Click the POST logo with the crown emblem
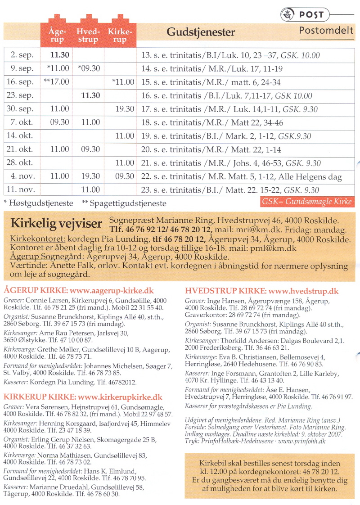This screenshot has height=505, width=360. pos(305,15)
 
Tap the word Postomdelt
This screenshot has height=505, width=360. pos(326,31)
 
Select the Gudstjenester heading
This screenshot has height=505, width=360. pos(201,32)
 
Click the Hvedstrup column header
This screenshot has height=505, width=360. pos(88,36)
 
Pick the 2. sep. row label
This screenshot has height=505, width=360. pos(22,55)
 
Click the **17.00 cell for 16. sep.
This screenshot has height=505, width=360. pos(56,82)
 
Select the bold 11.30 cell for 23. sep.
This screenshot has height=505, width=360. pos(90,95)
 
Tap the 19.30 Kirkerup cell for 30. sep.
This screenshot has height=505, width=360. pos(124,109)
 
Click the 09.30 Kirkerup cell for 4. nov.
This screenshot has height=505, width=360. pos(124,176)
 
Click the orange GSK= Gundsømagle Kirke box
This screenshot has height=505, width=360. pos(306,202)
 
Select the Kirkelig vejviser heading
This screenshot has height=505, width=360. pos(57,223)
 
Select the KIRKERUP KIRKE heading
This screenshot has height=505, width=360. pos(40,397)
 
